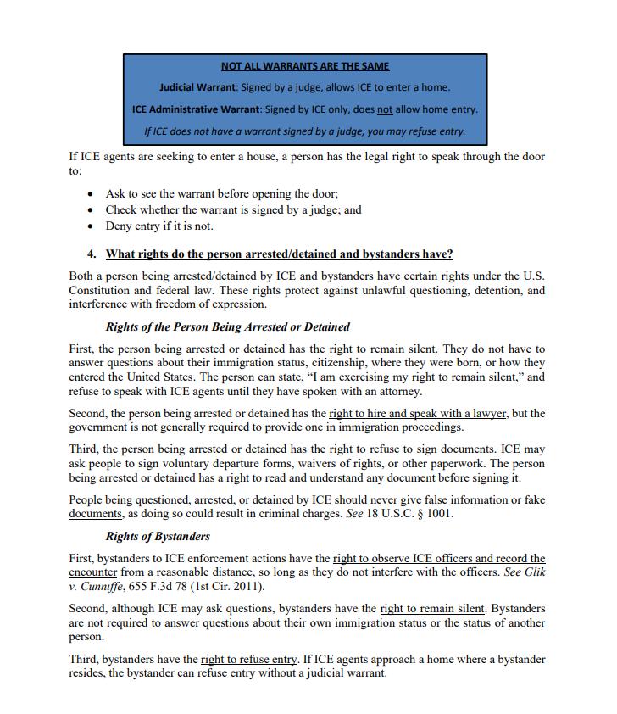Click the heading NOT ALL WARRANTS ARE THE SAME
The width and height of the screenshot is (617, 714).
305,66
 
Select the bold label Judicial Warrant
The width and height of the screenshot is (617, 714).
199,87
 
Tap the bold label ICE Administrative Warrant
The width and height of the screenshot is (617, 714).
197,109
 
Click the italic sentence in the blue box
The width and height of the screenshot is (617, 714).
305,131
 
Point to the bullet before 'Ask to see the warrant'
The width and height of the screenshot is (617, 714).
92,194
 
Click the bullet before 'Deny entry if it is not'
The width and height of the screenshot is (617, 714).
92,226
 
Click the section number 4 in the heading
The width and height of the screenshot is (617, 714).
92,254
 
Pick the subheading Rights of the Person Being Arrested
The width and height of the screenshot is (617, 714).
227,326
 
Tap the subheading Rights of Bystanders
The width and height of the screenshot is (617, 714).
158,537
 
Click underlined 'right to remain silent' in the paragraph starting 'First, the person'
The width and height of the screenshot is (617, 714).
383,349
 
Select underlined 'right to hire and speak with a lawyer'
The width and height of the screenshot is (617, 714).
418,414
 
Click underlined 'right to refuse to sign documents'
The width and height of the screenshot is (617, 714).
411,449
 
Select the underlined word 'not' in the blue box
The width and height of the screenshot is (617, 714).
385,109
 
